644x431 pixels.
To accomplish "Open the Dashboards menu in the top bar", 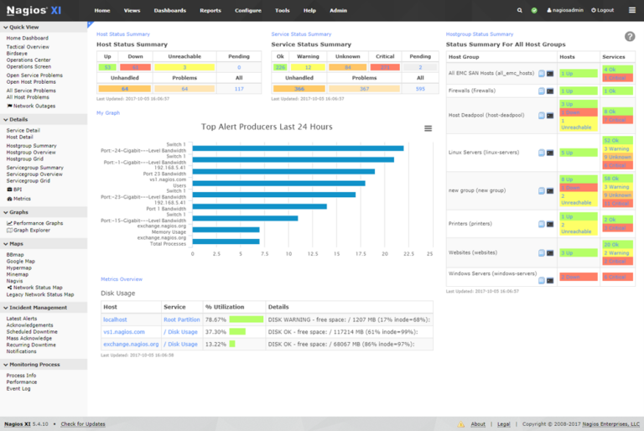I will [x=170, y=10].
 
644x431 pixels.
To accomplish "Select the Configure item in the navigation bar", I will [x=247, y=10].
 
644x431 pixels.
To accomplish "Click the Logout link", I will [x=603, y=10].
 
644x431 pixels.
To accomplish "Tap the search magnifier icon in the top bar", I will [x=520, y=10].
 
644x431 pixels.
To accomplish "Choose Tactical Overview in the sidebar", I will [x=28, y=47].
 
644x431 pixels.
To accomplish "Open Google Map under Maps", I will [x=21, y=261].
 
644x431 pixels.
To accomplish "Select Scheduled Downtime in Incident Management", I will [x=32, y=331].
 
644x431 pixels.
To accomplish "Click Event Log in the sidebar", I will [x=18, y=388].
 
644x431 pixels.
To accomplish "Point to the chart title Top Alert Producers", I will [x=267, y=127].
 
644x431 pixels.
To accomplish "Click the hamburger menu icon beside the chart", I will [x=428, y=128].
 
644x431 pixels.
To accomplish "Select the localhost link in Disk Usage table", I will [x=115, y=319].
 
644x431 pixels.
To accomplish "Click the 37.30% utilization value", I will [x=216, y=331].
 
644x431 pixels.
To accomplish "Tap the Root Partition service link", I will [x=181, y=319].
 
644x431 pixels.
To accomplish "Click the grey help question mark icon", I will [x=630, y=36].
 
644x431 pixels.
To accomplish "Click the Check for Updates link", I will [x=83, y=424].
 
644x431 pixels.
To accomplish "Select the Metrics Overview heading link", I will [x=121, y=279].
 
